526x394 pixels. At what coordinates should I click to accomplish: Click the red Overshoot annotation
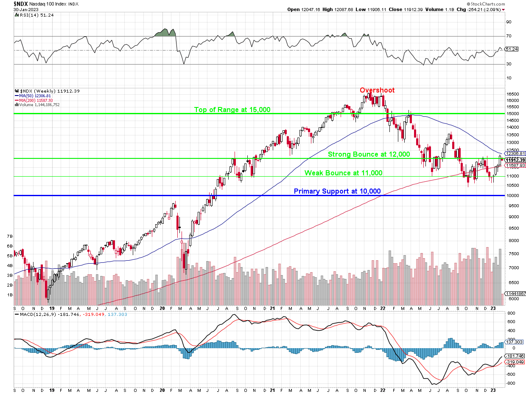377,90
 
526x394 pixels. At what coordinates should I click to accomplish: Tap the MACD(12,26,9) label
37,315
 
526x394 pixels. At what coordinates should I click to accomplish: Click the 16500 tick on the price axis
513,94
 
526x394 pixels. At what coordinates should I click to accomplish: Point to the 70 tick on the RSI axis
508,36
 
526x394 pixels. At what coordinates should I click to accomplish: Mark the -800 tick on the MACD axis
511,383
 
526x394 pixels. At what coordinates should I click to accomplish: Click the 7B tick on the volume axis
9,236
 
